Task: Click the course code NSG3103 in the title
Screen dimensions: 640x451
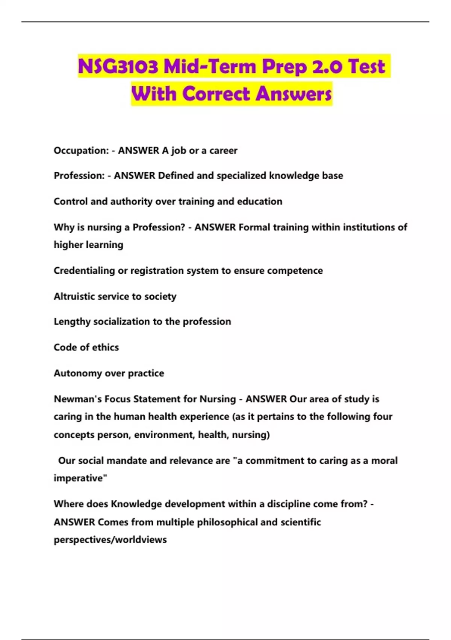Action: pyautogui.click(x=118, y=67)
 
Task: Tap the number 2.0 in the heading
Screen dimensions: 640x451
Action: pyautogui.click(x=327, y=67)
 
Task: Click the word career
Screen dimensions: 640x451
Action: pyautogui.click(x=223, y=151)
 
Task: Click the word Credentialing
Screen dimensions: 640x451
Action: pyautogui.click(x=84, y=271)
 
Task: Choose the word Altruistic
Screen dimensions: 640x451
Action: pyautogui.click(x=73, y=296)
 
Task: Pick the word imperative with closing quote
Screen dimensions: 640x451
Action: pyautogui.click(x=80, y=478)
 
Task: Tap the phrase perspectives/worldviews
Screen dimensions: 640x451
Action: pyautogui.click(x=110, y=540)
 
